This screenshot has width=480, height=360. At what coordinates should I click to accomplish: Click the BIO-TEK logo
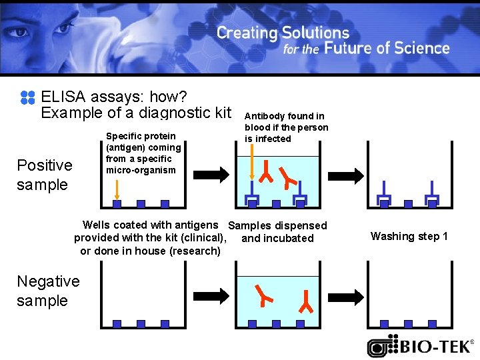point(421,346)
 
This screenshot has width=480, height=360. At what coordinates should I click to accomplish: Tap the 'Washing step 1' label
point(409,236)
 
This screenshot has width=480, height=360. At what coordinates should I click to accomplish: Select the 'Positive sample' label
point(44,175)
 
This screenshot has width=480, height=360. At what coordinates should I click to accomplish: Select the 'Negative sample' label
point(47,291)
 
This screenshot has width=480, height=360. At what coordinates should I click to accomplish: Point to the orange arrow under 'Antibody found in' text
point(251,163)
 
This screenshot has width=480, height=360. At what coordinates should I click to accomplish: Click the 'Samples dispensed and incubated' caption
point(278,231)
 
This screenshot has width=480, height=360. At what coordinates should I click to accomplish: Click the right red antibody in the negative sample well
point(307,301)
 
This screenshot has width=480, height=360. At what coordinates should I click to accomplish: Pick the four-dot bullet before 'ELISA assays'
point(27,98)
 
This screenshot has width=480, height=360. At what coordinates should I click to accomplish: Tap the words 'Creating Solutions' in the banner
point(283,32)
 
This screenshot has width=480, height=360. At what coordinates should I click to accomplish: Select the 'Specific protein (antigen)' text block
point(143,153)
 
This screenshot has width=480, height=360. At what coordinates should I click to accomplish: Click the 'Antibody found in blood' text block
point(286,127)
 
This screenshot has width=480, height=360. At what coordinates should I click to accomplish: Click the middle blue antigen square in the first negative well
point(141,324)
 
